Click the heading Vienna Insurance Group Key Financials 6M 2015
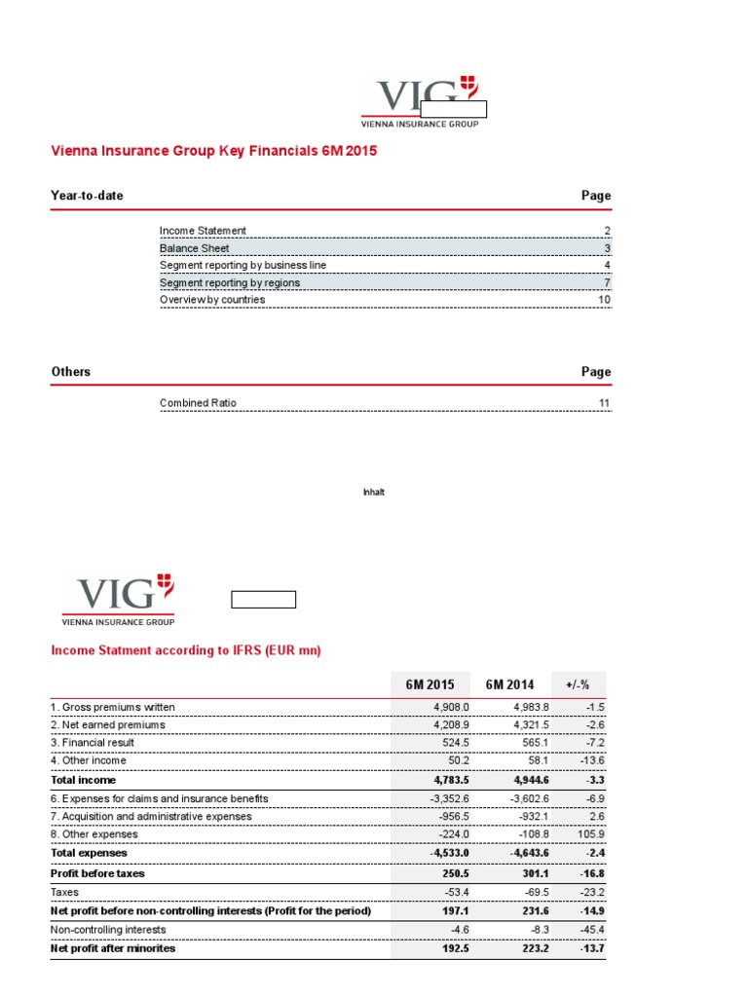(213, 151)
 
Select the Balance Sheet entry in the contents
(195, 248)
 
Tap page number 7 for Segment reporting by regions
(607, 283)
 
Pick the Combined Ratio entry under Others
(198, 403)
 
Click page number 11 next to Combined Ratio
(605, 403)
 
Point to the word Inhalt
(374, 493)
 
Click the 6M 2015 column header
(430, 684)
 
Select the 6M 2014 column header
(509, 684)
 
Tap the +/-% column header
(579, 684)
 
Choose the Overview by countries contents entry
(212, 300)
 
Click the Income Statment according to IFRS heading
(185, 650)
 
